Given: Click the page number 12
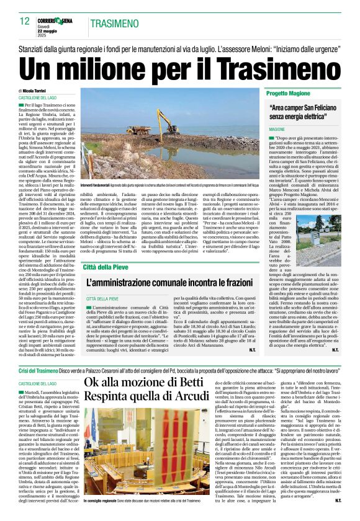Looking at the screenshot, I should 25,22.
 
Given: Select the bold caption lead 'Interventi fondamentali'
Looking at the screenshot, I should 98,169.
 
